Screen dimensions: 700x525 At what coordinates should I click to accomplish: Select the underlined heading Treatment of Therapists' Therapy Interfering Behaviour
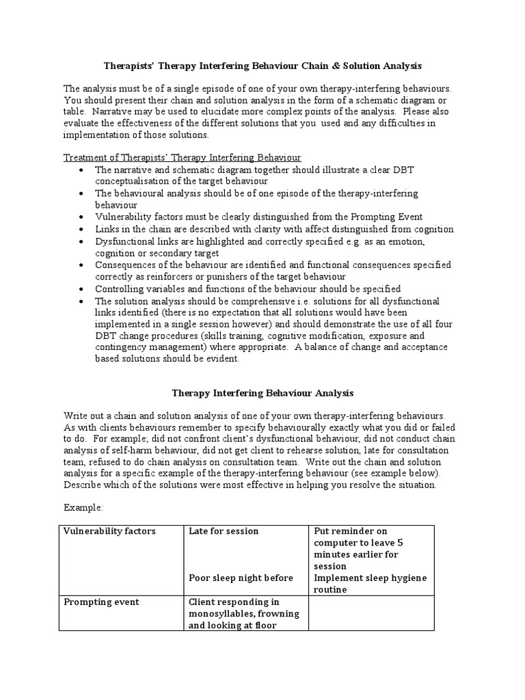coord(183,157)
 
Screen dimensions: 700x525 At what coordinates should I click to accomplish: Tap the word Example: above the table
coord(84,508)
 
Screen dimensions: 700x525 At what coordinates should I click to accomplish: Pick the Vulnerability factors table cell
coord(109,531)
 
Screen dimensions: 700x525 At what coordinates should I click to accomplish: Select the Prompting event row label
coord(101,602)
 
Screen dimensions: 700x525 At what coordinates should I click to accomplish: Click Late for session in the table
coord(224,531)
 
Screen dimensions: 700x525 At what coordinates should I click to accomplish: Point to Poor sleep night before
coord(241,578)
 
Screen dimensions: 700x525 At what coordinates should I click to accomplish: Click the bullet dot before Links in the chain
coord(82,230)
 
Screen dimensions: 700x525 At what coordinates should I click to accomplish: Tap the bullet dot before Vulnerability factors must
coord(82,217)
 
